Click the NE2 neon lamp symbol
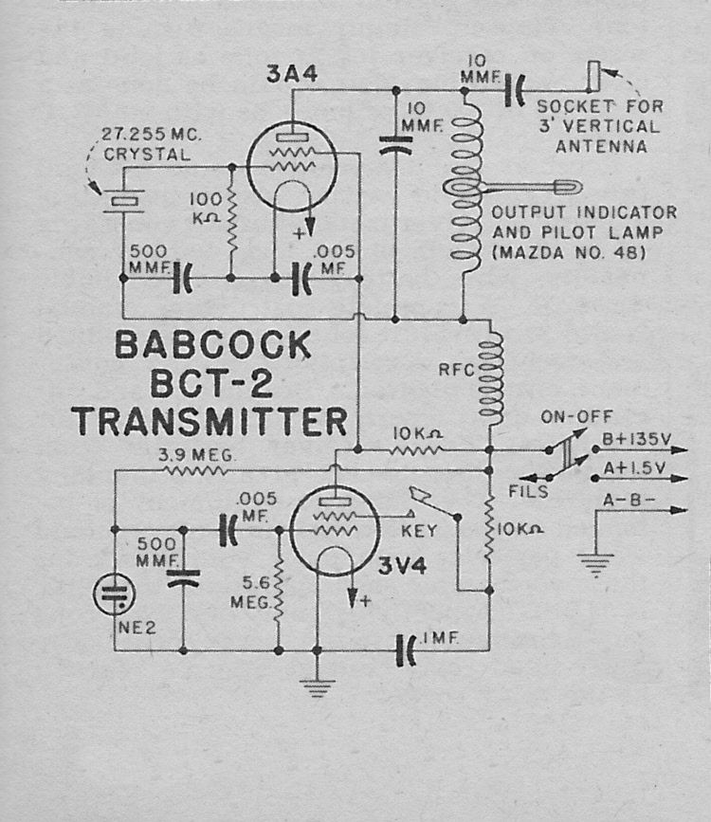(113, 595)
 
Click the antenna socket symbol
(593, 77)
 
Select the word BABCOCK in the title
(212, 346)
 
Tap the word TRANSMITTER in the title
(209, 418)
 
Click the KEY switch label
(419, 532)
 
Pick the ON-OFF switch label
(576, 416)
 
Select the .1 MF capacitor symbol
(409, 649)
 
